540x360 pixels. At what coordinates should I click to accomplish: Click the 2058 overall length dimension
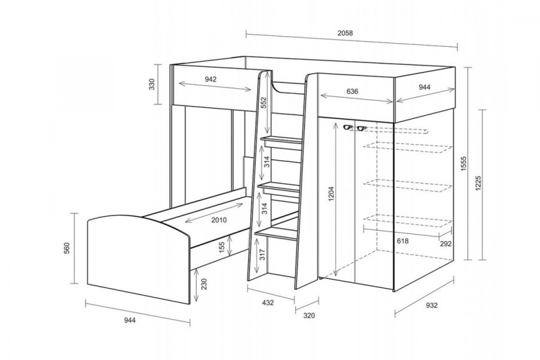click(345, 33)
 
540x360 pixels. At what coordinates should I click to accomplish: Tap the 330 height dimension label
click(152, 84)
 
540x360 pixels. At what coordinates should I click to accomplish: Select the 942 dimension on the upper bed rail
click(211, 79)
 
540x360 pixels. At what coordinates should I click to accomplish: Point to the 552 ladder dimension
click(263, 103)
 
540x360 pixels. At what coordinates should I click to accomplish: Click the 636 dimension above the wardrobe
click(352, 91)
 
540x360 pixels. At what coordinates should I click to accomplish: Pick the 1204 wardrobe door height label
click(331, 194)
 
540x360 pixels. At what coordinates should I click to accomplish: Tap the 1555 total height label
click(464, 164)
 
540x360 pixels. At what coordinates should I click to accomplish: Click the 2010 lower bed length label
click(219, 220)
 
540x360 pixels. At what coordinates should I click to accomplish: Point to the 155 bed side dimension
click(222, 247)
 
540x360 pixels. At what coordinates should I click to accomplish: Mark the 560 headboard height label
click(67, 248)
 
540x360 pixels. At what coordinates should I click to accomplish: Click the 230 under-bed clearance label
click(204, 284)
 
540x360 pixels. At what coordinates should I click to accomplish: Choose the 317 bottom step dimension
click(263, 254)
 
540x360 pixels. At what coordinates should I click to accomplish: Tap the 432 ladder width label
click(268, 303)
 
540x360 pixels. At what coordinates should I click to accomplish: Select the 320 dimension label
click(309, 315)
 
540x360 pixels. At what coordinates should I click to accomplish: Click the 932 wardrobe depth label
click(432, 305)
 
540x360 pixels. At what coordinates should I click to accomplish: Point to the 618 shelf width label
click(403, 241)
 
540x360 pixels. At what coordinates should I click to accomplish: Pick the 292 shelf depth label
click(446, 244)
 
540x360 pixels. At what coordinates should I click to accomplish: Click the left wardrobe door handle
click(347, 128)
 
